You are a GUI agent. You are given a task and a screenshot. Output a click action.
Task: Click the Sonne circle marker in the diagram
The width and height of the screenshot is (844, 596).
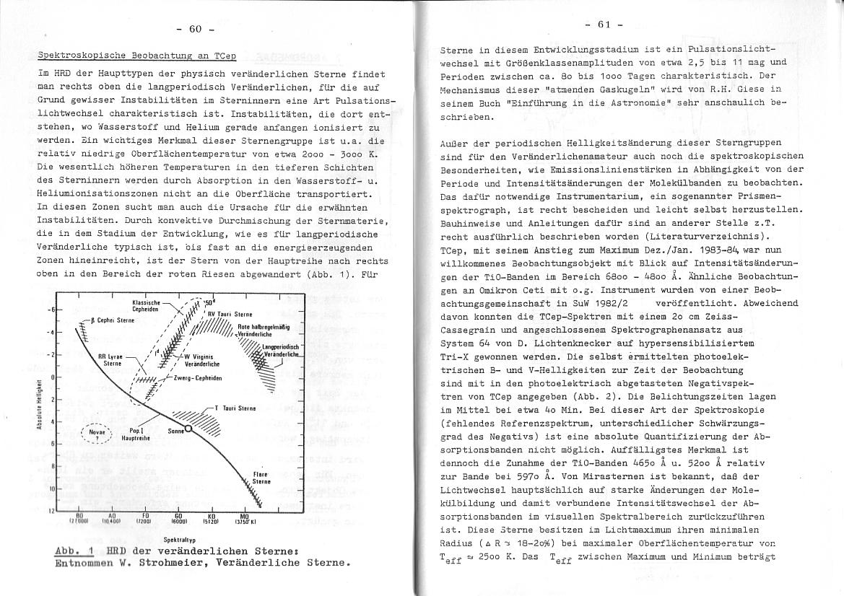[x=188, y=429]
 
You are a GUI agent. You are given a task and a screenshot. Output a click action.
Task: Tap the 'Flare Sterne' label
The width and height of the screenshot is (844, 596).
[x=261, y=478]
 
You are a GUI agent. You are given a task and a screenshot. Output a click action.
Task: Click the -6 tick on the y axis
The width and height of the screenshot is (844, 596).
[x=53, y=310]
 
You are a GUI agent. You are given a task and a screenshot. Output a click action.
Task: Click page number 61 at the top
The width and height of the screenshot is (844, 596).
[x=604, y=25]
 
